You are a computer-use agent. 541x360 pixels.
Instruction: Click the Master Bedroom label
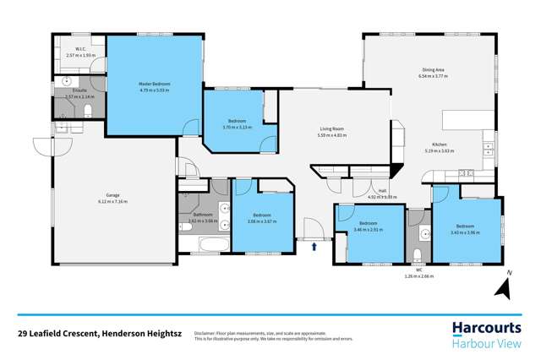(155, 84)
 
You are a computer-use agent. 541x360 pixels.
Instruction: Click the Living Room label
(332, 130)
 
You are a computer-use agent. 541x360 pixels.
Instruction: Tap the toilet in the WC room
(418, 256)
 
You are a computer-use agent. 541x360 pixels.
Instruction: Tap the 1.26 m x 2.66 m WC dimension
(418, 275)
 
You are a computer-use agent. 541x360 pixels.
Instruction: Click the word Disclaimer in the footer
(205, 333)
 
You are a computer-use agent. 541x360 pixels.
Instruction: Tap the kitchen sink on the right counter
(489, 148)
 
